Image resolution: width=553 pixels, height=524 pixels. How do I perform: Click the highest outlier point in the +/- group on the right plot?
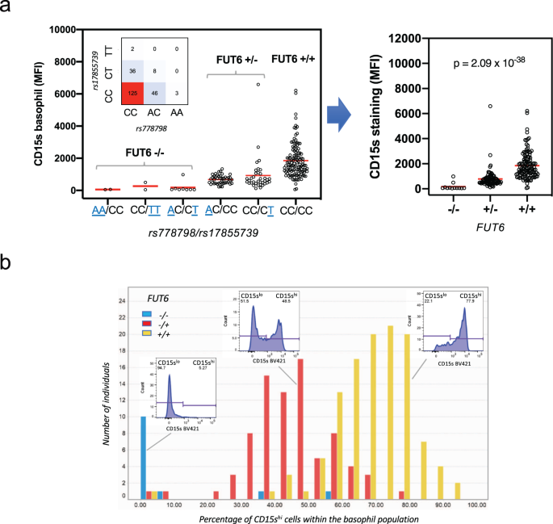coord(467,106)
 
